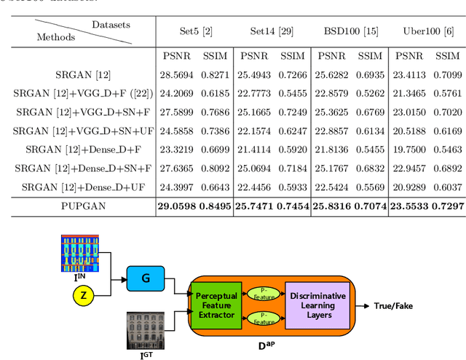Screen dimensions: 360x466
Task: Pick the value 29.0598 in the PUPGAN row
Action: [178, 206]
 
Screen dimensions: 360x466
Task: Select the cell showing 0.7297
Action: [448, 206]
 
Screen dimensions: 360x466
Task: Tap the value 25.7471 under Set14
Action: [256, 206]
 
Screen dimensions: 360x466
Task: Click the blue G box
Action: [145, 277]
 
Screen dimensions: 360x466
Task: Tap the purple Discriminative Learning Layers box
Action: [317, 305]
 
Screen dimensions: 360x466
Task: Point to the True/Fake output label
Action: [393, 306]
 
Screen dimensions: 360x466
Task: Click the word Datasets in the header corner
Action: [111, 25]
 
